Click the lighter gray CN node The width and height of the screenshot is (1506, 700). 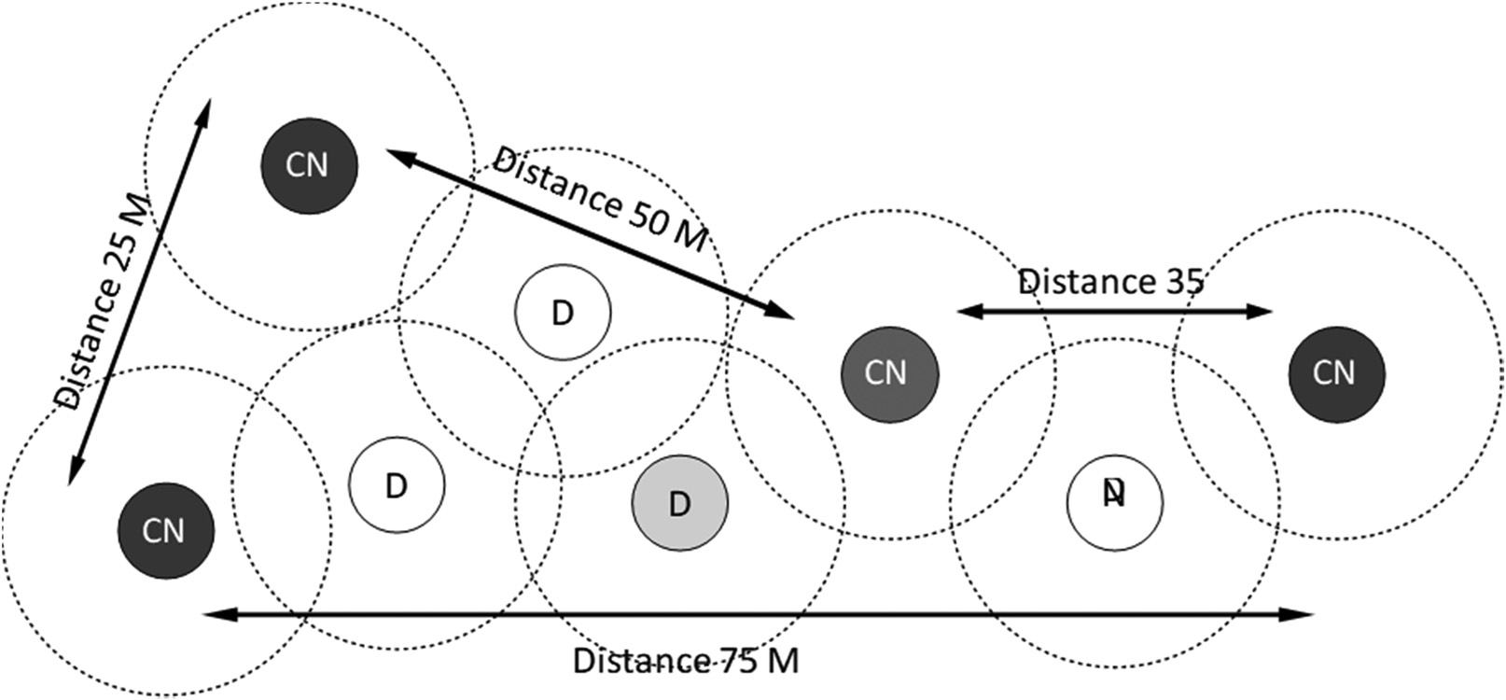click(888, 374)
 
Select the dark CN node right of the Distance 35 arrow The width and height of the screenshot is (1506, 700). click(1335, 374)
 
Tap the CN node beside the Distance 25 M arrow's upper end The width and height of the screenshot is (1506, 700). click(308, 165)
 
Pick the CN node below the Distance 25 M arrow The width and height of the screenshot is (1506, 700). click(165, 531)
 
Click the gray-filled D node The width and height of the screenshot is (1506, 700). click(679, 504)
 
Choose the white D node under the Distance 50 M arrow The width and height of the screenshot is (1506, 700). click(563, 313)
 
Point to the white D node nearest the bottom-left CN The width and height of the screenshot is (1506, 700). click(397, 485)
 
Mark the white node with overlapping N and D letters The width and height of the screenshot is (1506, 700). click(1114, 503)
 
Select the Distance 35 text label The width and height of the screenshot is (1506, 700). click(1110, 281)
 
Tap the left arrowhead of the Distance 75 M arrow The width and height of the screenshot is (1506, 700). click(213, 614)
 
